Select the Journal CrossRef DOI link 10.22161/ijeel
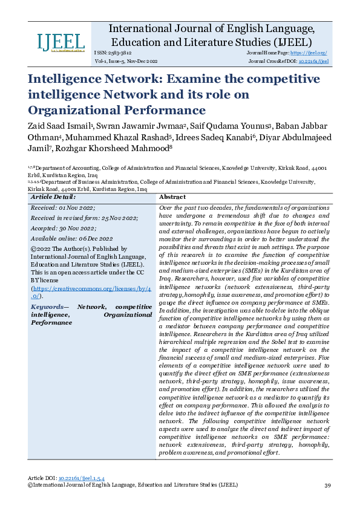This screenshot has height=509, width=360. [x=317, y=62]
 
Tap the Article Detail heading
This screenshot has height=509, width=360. [x=53, y=197]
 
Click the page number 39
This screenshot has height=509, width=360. [x=327, y=485]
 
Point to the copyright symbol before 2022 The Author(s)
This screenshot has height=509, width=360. [x=33, y=249]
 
